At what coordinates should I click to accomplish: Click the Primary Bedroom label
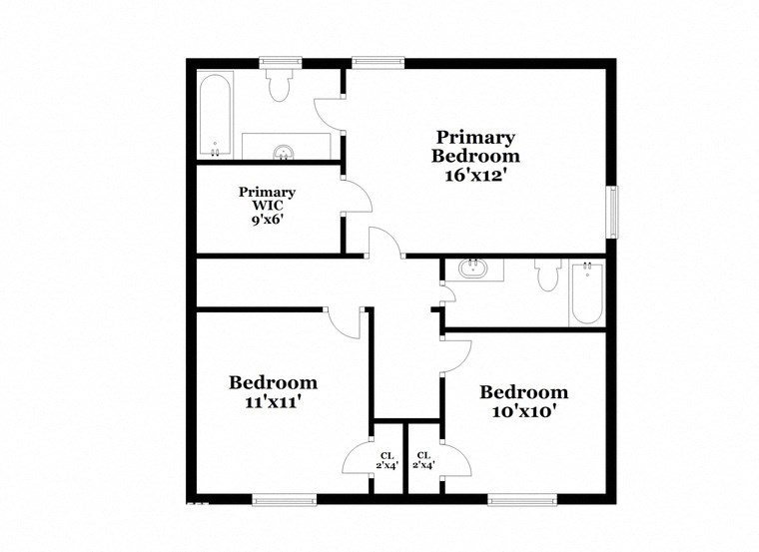click(x=474, y=147)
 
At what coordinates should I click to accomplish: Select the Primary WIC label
click(x=267, y=199)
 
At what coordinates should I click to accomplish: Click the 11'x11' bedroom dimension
click(x=273, y=402)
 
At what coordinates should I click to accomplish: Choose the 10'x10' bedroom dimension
click(x=523, y=411)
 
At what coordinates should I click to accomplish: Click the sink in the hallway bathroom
click(x=471, y=269)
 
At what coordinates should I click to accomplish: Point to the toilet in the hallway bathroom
click(x=546, y=276)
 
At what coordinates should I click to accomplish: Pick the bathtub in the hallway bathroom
click(x=587, y=291)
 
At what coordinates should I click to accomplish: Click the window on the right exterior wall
click(x=614, y=212)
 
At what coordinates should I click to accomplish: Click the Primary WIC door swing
click(x=357, y=196)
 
